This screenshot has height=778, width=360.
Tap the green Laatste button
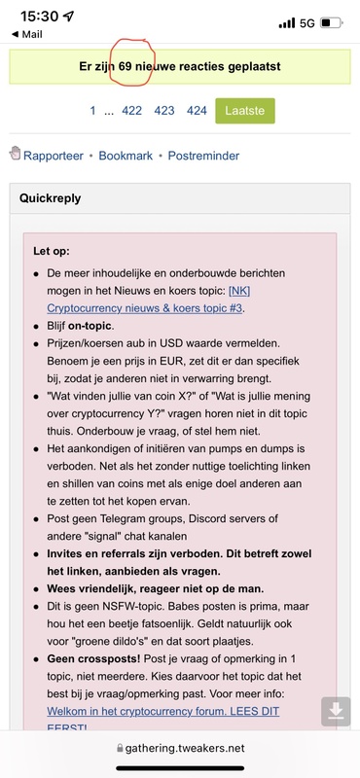(244, 111)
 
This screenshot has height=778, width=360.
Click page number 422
(131, 111)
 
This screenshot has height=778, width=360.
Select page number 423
(164, 111)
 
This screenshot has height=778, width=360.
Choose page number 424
(197, 111)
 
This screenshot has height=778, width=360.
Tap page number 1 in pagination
(92, 111)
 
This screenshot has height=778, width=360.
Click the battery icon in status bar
(331, 20)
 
